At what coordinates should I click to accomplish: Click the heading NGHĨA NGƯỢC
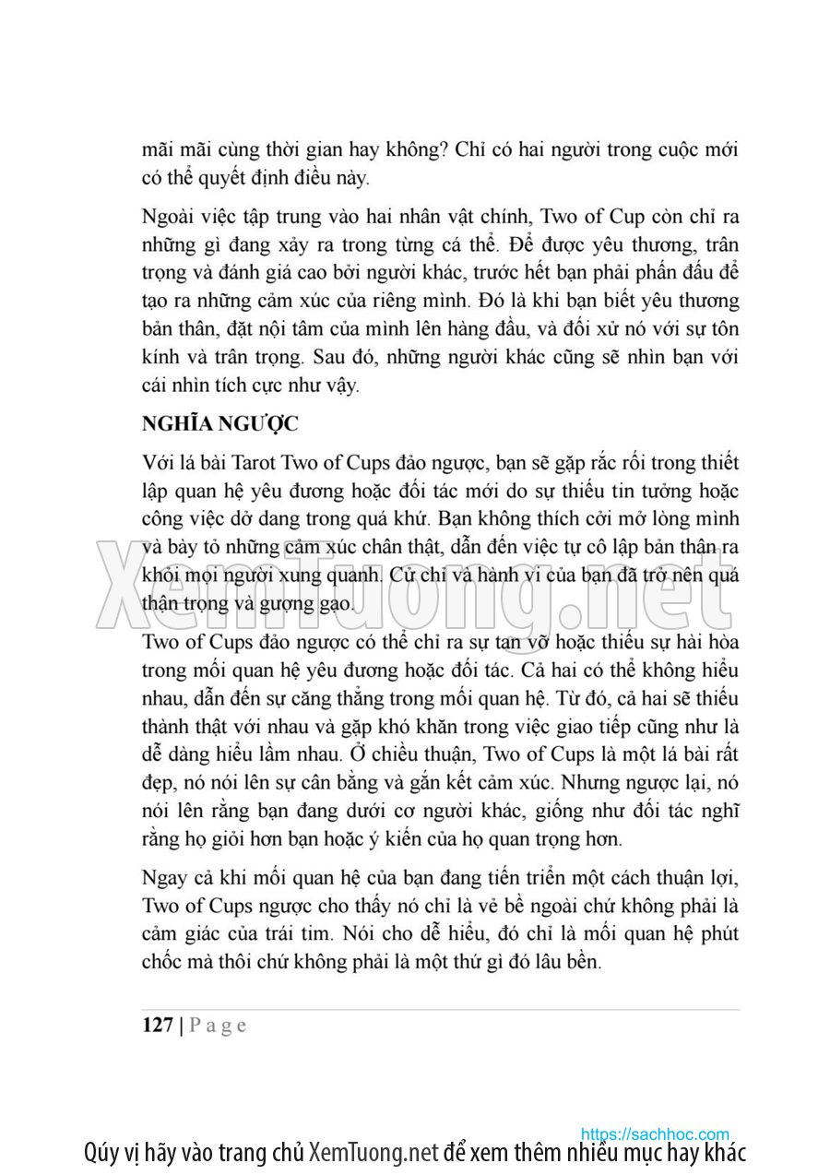pos(220,424)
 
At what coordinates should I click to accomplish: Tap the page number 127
pos(158,1025)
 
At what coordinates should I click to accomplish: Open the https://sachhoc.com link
pos(655,1134)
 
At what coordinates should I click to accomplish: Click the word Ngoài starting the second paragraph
pos(168,218)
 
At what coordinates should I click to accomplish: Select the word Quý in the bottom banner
pos(100,1153)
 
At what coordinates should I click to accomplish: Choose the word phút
pos(717,933)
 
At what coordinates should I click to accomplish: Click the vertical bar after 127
pos(182,1025)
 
